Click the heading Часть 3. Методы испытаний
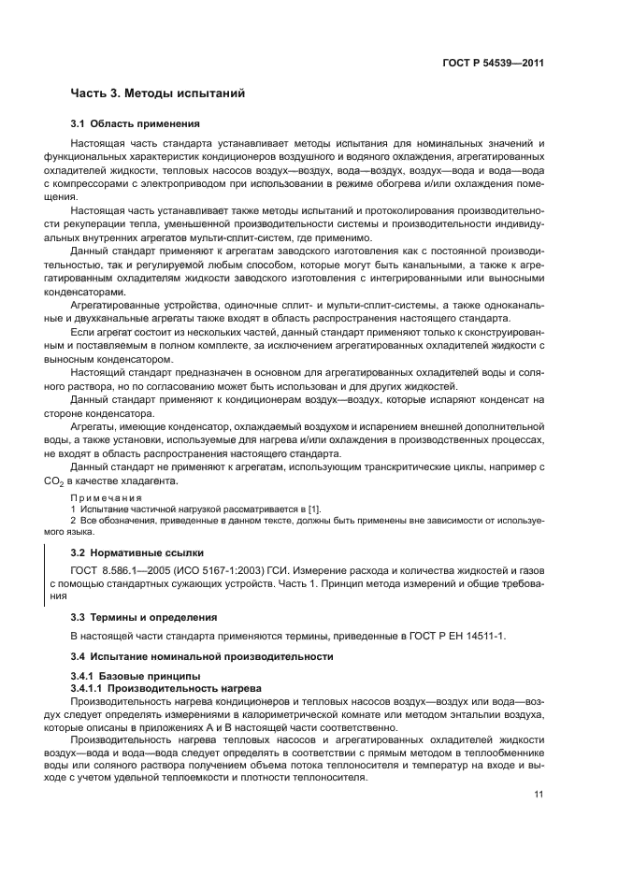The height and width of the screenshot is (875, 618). pyautogui.click(x=157, y=93)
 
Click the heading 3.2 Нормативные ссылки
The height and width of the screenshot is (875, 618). pyautogui.click(x=137, y=552)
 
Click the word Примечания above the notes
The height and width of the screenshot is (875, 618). pyautogui.click(x=104, y=497)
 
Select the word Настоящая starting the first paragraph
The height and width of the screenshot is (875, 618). pyautogui.click(x=99, y=143)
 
